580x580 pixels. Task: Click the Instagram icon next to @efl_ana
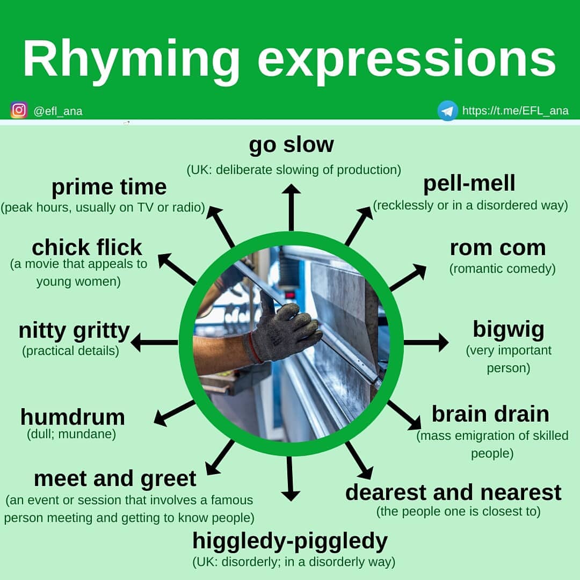[x=19, y=110]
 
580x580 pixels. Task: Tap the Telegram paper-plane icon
[x=447, y=111]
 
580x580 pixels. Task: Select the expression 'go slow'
[x=291, y=145]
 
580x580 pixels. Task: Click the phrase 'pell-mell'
[x=469, y=184]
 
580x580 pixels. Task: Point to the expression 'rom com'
[x=497, y=248]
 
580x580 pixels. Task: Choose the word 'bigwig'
[x=508, y=329]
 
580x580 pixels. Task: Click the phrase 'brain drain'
[x=490, y=414]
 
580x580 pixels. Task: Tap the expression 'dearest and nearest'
[x=453, y=492]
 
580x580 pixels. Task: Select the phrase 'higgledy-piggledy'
[x=290, y=541]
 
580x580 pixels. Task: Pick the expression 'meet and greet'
[x=115, y=478]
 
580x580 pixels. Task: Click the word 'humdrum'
[x=73, y=417]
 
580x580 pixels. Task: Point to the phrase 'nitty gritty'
[x=74, y=331]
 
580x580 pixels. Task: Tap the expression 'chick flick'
[x=87, y=248]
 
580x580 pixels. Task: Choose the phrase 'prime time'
[x=109, y=187]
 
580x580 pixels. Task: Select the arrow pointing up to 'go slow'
[x=291, y=207]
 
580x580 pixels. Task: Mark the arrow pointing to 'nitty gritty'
[x=155, y=342]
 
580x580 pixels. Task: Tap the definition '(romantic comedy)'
[x=502, y=269]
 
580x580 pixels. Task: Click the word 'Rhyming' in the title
[x=131, y=59]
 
